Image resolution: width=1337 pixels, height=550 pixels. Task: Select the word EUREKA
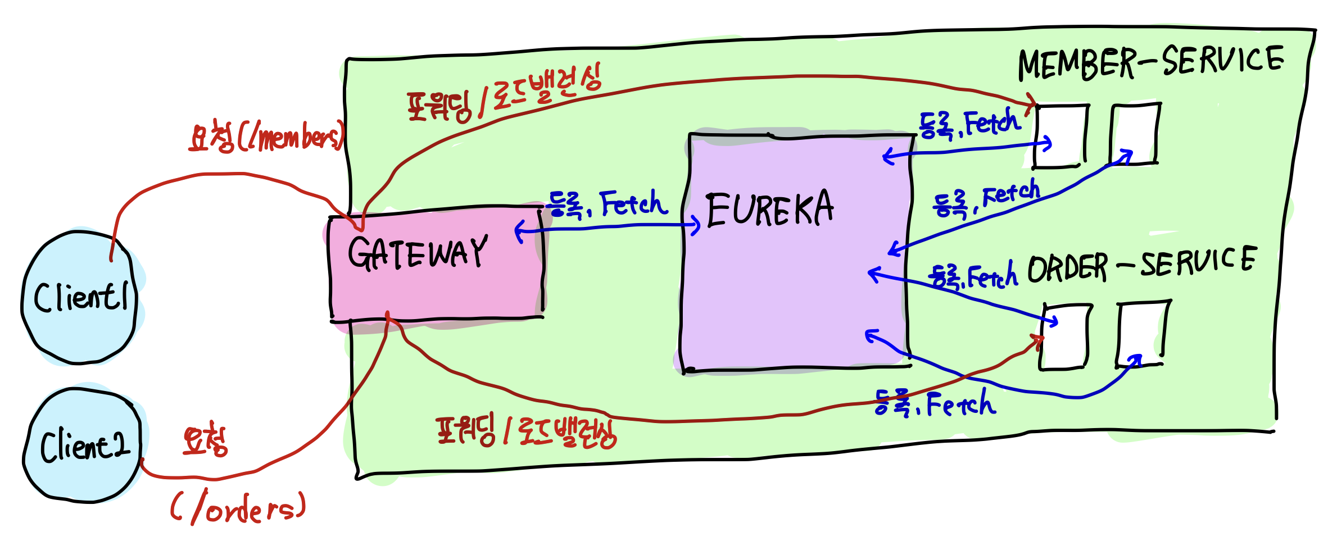(x=769, y=210)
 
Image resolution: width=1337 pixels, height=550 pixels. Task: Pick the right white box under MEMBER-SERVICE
(x=1136, y=134)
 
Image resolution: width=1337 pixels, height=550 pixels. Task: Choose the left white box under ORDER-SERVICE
(x=1066, y=337)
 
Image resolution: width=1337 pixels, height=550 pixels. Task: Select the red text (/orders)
(x=238, y=508)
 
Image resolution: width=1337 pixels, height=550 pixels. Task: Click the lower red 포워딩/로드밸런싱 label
(x=526, y=433)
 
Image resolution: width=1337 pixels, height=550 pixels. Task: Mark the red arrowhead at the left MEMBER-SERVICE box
(x=1031, y=101)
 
